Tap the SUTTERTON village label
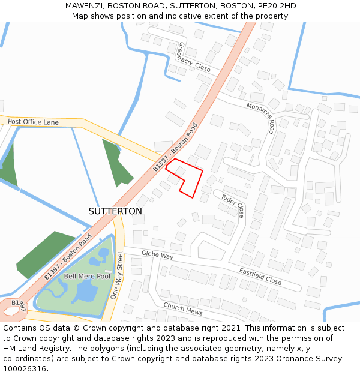(115, 211)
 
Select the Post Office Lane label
(34, 122)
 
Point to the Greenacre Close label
(194, 57)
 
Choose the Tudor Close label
(233, 205)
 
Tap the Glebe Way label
(157, 255)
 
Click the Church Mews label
(182, 308)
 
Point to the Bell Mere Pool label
(87, 276)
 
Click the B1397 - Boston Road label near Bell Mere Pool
(68, 256)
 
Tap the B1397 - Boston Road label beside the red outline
(175, 147)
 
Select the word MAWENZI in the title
(84, 6)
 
